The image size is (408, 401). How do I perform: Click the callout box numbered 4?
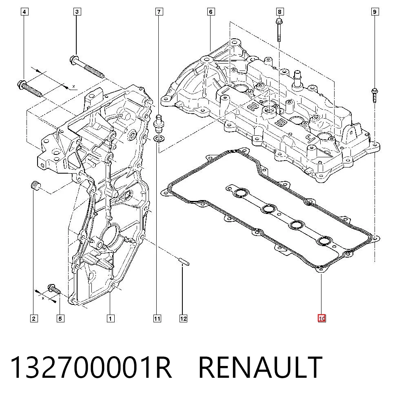click(x=24, y=12)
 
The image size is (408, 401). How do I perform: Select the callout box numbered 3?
click(x=77, y=12)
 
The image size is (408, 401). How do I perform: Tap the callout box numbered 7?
click(x=159, y=12)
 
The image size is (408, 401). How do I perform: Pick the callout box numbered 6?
click(x=211, y=12)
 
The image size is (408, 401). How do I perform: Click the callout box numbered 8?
click(x=280, y=12)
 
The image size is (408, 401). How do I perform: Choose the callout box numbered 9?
click(x=375, y=12)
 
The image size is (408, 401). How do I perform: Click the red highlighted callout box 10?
click(x=322, y=318)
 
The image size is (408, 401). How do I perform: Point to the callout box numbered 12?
click(x=183, y=318)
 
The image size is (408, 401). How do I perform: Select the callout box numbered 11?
click(x=157, y=318)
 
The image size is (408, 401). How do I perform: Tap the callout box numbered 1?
click(x=111, y=318)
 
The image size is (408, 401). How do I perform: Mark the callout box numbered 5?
click(x=60, y=318)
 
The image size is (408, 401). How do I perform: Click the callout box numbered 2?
click(x=34, y=318)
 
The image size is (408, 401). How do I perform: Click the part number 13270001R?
click(x=91, y=368)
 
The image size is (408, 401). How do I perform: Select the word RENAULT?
click(x=260, y=368)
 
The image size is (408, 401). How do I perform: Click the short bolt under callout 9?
click(x=375, y=96)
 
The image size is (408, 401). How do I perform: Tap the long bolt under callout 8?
click(x=279, y=30)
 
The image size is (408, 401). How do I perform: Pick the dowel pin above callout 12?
click(x=184, y=261)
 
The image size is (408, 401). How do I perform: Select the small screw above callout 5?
click(x=54, y=289)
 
